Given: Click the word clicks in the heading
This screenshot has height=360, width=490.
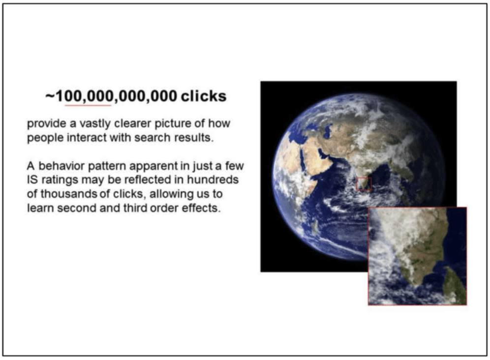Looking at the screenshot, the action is click(204, 96).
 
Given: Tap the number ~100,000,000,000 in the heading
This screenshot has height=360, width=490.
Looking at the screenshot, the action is click(111, 96).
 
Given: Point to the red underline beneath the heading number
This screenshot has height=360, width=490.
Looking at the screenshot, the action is click(88, 106).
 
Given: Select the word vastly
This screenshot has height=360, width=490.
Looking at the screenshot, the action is click(95, 124).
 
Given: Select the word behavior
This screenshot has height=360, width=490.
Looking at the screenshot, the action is click(61, 166).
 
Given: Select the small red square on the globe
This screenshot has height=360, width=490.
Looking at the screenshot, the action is click(364, 184).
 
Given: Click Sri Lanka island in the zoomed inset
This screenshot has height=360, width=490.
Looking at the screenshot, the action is click(456, 286).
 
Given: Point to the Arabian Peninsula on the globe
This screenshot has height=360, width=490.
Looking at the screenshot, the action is click(319, 156).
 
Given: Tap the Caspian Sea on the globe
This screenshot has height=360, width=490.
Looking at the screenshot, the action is click(328, 130).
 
